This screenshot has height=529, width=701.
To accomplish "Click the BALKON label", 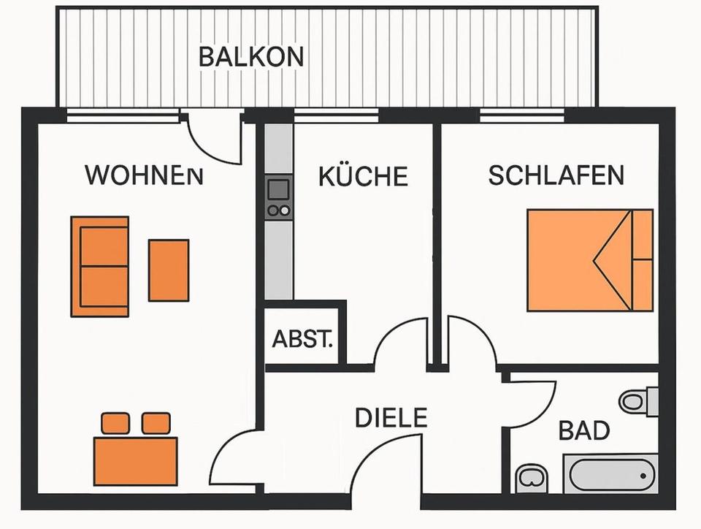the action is tap(250, 57).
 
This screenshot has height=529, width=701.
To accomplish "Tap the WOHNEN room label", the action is tap(144, 176).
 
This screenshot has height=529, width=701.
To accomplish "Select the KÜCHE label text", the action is tap(363, 176).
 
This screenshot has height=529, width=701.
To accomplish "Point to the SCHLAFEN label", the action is tap(556, 175).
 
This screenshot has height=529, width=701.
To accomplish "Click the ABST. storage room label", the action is tap(303, 340).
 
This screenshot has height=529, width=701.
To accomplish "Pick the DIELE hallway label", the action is tap(391, 418).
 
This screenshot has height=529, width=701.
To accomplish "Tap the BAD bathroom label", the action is tap(584, 430).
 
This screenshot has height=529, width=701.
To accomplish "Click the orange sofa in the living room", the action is tap(100, 266).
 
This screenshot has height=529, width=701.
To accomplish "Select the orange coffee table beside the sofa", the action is tap(169, 270).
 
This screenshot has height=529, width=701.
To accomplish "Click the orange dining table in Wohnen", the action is tap(136, 461).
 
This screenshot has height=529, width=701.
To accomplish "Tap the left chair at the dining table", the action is tap(115, 422).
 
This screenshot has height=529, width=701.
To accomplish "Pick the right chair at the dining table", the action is tap(156, 422).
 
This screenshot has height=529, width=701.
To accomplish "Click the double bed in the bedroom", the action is tap(589, 259).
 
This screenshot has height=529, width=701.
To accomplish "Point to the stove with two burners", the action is tap(278, 210).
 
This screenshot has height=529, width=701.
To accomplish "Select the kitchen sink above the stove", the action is tap(278, 189).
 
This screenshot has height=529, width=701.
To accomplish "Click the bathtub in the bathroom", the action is tap(610, 473).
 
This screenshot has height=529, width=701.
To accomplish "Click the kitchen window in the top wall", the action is tap(336, 115).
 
